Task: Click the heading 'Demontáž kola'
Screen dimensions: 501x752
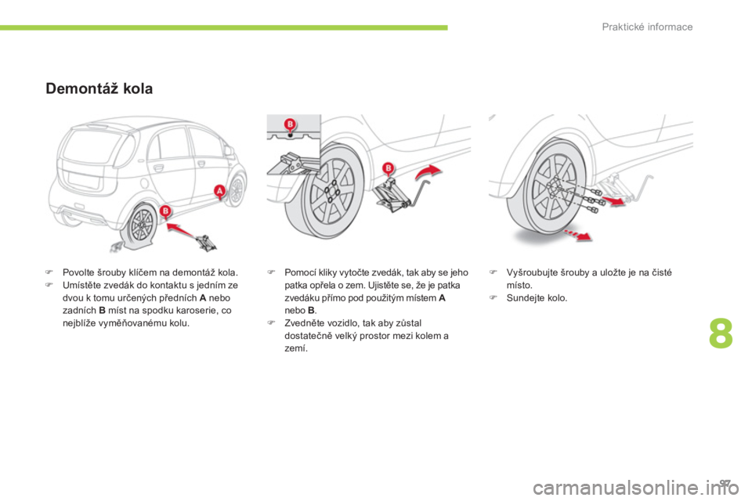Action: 99,88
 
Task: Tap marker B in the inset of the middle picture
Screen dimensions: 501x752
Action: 289,125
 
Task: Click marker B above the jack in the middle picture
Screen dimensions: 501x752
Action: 387,168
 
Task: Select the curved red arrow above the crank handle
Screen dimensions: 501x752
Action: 429,172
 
